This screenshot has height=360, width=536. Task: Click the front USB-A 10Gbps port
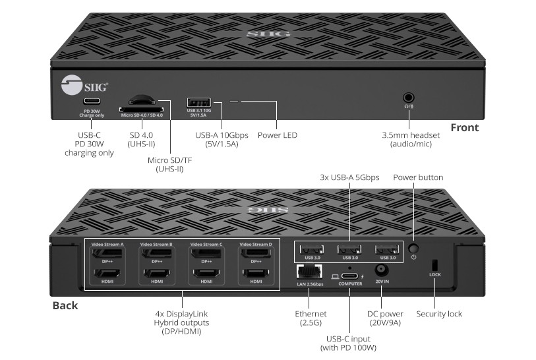point(198,102)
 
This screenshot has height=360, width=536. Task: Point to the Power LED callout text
point(277,135)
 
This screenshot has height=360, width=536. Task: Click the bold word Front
point(464,127)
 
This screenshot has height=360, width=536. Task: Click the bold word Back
point(65,305)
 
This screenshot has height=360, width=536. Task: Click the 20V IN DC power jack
point(380,270)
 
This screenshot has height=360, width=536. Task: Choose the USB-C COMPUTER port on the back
point(350,272)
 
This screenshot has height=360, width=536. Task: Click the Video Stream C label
point(206,244)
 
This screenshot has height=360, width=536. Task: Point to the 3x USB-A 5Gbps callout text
point(349,177)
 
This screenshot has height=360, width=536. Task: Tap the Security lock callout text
point(439,314)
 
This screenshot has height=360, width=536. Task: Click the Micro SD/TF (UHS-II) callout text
point(165,164)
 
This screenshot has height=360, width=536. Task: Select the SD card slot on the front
point(141,107)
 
